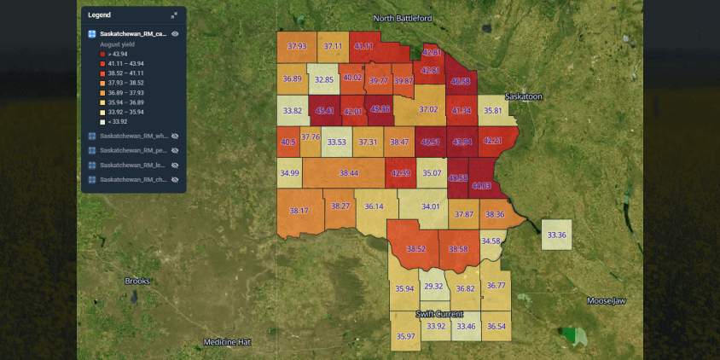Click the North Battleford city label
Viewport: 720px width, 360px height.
click(x=403, y=18)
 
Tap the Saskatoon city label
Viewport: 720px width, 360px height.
click(x=523, y=96)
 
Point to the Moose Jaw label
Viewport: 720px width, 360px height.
click(x=607, y=300)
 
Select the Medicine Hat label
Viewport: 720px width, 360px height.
click(x=227, y=342)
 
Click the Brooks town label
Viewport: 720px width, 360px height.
click(x=136, y=281)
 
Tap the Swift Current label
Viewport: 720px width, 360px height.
click(x=439, y=314)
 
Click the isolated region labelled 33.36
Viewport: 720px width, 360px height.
click(x=557, y=235)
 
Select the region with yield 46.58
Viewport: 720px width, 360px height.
click(x=460, y=81)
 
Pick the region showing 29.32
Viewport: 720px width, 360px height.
click(x=433, y=287)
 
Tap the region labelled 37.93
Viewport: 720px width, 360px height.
click(x=297, y=47)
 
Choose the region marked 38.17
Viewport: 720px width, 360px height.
click(x=299, y=211)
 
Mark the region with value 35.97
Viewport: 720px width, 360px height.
click(x=406, y=337)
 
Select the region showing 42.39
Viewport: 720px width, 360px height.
click(x=400, y=173)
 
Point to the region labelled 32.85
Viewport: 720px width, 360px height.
click(x=323, y=79)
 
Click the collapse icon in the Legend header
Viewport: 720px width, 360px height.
click(x=174, y=15)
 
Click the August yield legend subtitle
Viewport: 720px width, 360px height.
click(x=119, y=44)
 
